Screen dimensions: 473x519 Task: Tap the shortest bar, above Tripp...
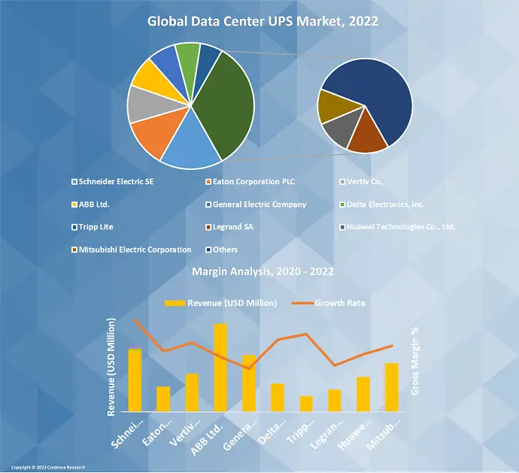(306, 404)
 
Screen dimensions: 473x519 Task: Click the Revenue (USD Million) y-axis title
(112, 365)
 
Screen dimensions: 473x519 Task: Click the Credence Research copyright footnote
(48, 467)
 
